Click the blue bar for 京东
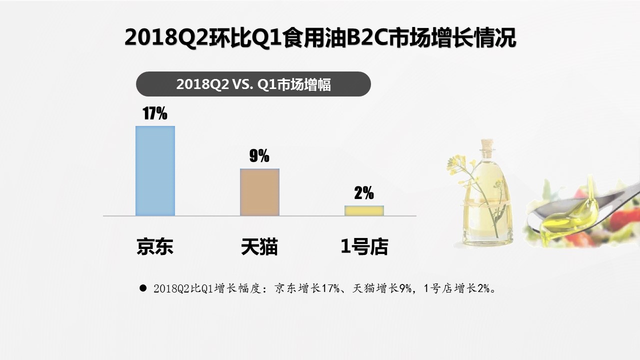(155, 170)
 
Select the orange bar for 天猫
(259, 192)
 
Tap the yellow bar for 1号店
(364, 210)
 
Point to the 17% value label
(155, 113)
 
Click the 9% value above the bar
(259, 156)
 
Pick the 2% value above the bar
(364, 193)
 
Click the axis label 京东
(155, 246)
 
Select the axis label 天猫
(259, 246)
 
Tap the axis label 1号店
(364, 246)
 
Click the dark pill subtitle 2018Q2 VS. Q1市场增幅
(253, 84)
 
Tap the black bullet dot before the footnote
(143, 288)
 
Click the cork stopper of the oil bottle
(486, 145)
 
